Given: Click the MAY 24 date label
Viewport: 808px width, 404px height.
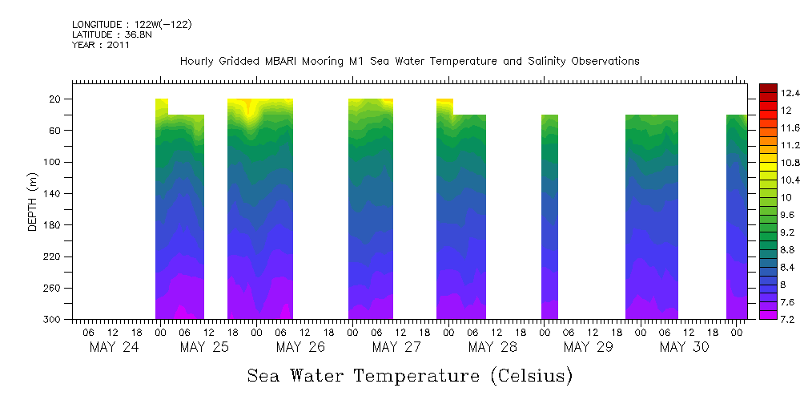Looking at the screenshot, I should coord(114,347).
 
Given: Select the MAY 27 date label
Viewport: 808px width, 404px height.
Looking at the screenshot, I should coord(396,347).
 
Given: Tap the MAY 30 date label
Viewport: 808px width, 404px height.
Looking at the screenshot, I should coord(684,347).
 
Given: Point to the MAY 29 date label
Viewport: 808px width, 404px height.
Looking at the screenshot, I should coord(589,347).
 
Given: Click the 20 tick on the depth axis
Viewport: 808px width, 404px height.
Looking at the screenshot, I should coord(56,99).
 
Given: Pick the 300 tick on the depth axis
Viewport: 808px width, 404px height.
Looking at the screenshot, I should coord(53,320).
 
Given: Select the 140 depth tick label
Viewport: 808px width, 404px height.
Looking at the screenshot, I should coord(53,194).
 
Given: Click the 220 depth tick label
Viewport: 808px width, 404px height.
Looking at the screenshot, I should coord(53,257).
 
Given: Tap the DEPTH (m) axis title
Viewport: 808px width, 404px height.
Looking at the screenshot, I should coord(33,201).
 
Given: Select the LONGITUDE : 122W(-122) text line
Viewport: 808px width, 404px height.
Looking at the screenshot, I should coord(132,25).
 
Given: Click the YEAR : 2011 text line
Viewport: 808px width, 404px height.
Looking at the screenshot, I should coord(100,45).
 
